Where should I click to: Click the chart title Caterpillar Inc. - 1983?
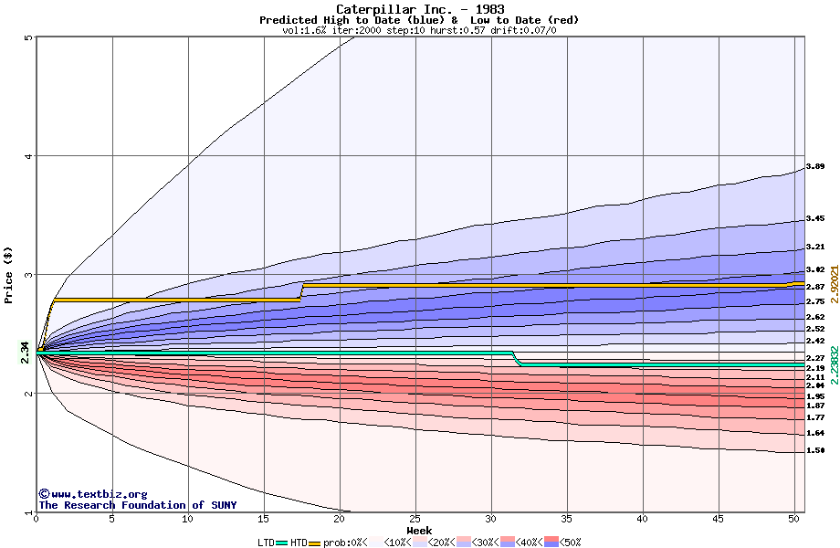tap(419, 9)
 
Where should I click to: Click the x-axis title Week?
tap(419, 530)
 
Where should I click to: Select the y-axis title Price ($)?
tap(9, 275)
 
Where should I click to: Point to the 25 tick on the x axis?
tap(415, 519)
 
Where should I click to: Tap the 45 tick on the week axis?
tap(719, 519)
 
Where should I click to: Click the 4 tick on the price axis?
tap(28, 156)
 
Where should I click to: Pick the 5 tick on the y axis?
tap(28, 38)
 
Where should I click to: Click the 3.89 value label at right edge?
tap(815, 167)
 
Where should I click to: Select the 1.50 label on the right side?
tap(815, 450)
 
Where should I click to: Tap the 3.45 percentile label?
tap(815, 219)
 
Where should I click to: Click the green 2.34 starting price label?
tap(25, 352)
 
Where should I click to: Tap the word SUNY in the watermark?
tap(222, 505)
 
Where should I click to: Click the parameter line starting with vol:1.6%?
tap(419, 30)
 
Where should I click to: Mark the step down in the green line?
tap(517, 359)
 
